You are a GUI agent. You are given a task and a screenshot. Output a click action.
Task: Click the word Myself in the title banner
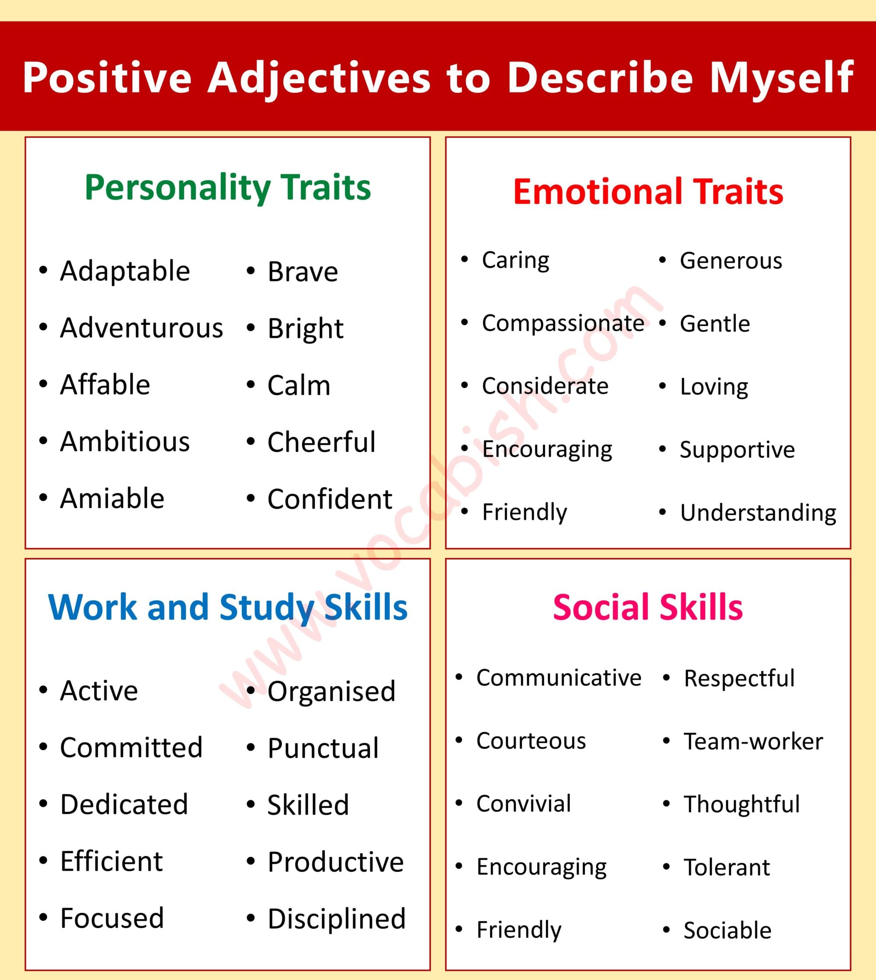(782, 78)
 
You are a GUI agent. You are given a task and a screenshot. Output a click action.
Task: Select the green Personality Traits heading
(228, 188)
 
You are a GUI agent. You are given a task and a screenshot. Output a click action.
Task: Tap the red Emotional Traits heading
(648, 191)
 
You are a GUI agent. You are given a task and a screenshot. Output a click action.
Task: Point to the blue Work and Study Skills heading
(228, 607)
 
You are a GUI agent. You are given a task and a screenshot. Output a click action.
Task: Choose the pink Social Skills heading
(648, 607)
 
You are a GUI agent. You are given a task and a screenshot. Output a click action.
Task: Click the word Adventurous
(141, 328)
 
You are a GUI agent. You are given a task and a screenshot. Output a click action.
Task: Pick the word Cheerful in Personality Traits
(321, 442)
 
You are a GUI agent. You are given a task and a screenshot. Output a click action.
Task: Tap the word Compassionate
(563, 323)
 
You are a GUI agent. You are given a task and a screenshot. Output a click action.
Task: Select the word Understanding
(758, 513)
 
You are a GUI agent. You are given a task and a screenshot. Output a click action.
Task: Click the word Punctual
(323, 748)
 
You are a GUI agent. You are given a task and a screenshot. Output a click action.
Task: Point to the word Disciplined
(336, 919)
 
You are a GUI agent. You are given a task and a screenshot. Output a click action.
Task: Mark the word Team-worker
(753, 742)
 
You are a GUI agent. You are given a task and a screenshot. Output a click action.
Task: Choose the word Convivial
(524, 804)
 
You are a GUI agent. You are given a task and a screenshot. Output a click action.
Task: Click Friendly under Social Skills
(519, 930)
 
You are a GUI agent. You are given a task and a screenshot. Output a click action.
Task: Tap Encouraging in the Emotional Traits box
(547, 450)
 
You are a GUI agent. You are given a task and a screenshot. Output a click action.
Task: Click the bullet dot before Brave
(250, 271)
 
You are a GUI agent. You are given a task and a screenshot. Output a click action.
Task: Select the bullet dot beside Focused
(43, 918)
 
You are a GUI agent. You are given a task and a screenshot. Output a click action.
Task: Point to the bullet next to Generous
(662, 260)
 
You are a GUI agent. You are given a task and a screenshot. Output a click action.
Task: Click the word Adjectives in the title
(319, 78)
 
